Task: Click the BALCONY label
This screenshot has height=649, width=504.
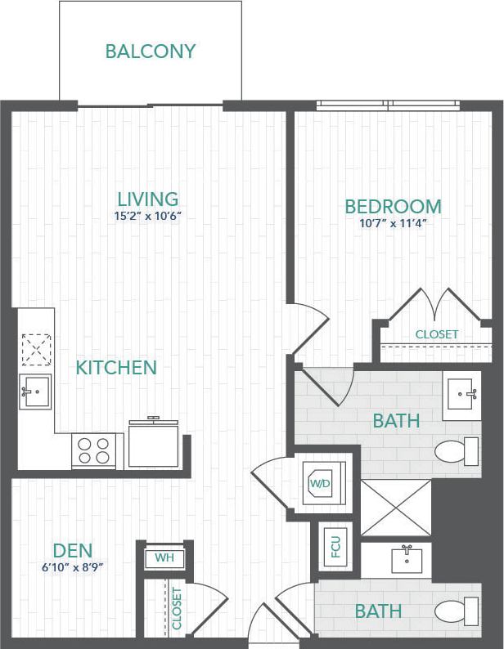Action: pyautogui.click(x=151, y=51)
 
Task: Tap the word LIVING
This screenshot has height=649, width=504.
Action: pyautogui.click(x=147, y=199)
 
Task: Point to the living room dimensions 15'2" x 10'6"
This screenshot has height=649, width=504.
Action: pyautogui.click(x=147, y=217)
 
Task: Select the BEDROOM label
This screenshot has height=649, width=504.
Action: pyautogui.click(x=393, y=206)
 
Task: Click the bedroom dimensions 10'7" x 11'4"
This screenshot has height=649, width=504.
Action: pyautogui.click(x=393, y=222)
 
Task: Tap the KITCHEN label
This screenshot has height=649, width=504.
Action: pyautogui.click(x=116, y=368)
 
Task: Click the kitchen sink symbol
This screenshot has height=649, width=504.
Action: pyautogui.click(x=36, y=392)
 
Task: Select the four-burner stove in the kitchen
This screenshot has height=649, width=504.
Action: pyautogui.click(x=93, y=450)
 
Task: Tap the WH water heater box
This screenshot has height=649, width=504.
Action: pyautogui.click(x=164, y=560)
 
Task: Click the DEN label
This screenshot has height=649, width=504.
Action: pyautogui.click(x=73, y=550)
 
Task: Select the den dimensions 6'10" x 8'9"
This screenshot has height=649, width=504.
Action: pyautogui.click(x=73, y=566)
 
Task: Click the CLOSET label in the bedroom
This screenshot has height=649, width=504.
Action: pyautogui.click(x=437, y=334)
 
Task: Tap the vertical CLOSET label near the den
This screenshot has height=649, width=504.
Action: pyautogui.click(x=177, y=608)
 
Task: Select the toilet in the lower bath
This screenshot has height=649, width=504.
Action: pyautogui.click(x=457, y=611)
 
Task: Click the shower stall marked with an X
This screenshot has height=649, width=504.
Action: pyautogui.click(x=396, y=508)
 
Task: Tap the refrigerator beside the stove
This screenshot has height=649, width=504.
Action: pyautogui.click(x=154, y=445)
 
